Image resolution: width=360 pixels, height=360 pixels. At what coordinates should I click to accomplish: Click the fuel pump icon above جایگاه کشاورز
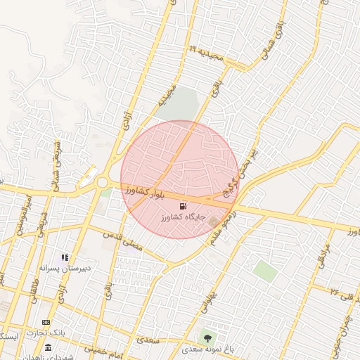click(184, 207)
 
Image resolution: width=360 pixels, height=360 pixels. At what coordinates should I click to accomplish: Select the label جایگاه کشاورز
click(183, 217)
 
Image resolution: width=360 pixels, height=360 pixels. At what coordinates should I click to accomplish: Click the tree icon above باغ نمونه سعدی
click(207, 338)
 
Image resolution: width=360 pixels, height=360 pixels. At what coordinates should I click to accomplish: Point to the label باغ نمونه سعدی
click(205, 349)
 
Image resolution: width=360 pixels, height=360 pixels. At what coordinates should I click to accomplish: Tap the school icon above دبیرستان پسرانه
click(65, 258)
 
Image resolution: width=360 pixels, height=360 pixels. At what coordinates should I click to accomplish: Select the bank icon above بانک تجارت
click(47, 322)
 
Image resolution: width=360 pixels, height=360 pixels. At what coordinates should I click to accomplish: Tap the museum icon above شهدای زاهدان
click(48, 347)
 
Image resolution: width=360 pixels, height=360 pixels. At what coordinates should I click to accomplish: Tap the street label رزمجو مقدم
click(221, 226)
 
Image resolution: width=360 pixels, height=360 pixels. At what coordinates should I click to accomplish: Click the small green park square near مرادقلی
click(265, 271)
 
